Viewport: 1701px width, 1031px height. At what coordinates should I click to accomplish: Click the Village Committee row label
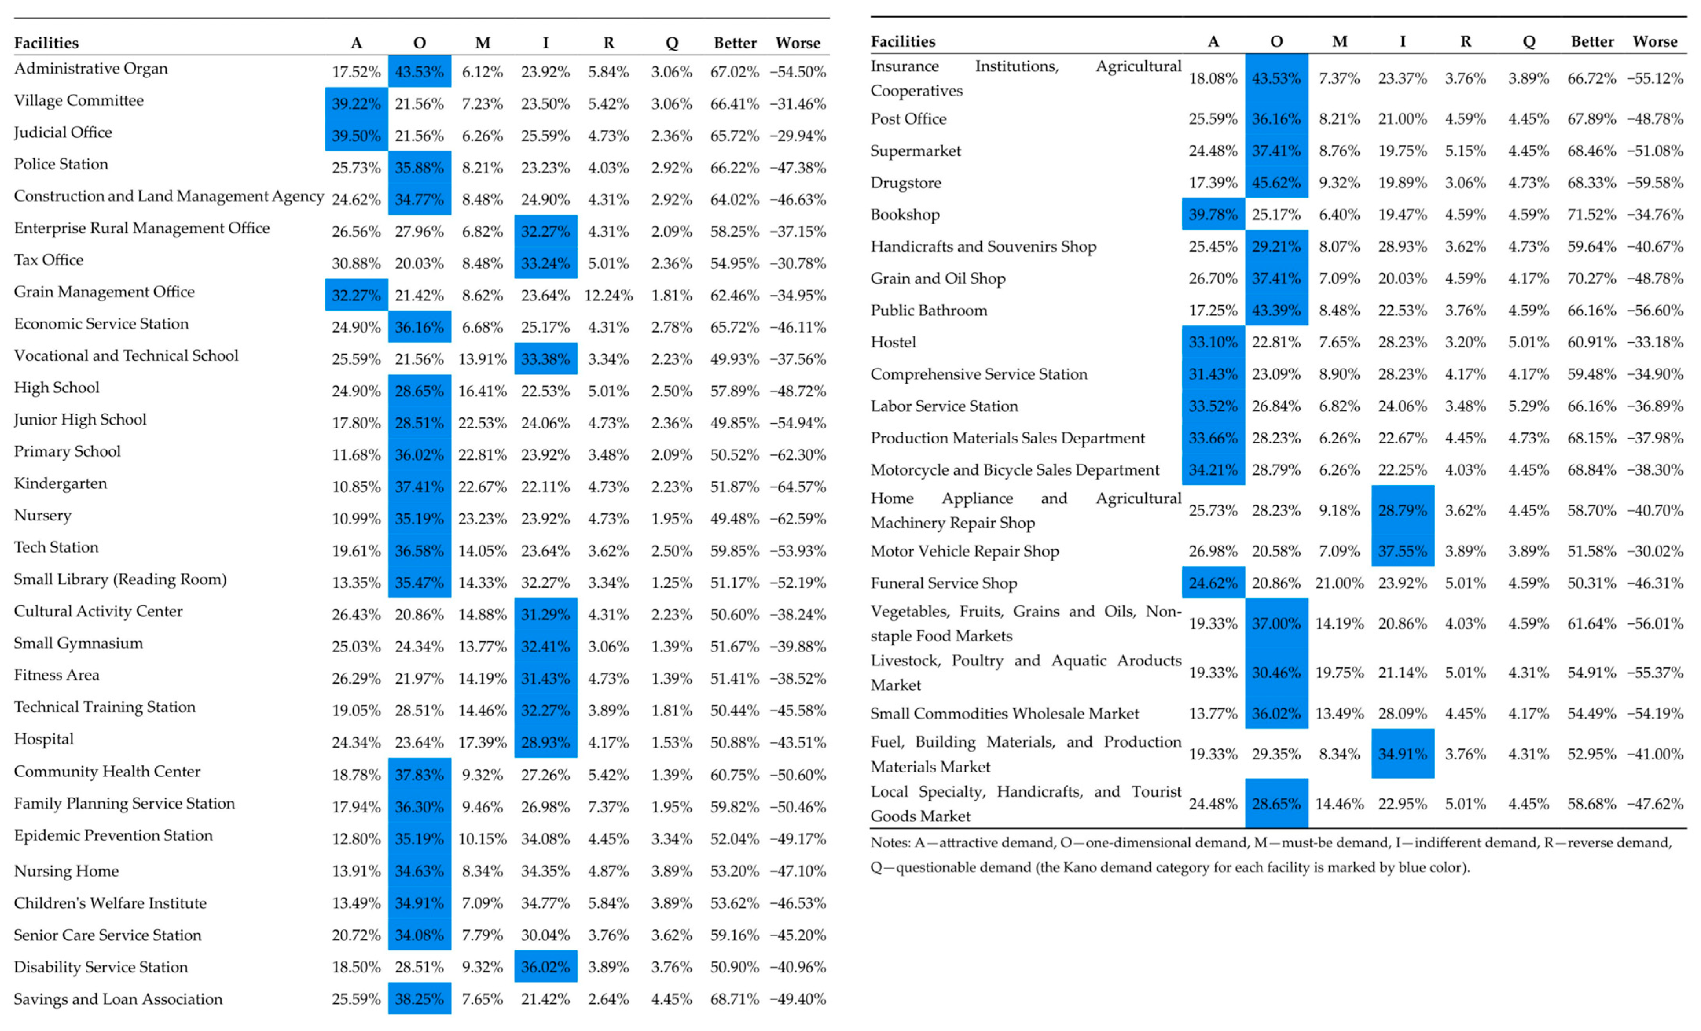point(79,101)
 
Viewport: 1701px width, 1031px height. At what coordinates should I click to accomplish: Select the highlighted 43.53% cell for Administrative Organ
point(419,72)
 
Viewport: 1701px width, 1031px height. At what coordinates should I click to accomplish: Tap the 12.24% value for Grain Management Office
point(608,296)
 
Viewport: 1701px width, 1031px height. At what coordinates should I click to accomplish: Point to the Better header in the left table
point(734,43)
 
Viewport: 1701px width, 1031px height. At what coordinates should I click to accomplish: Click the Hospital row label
point(44,739)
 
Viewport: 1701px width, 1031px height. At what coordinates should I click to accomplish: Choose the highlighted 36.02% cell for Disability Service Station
point(545,967)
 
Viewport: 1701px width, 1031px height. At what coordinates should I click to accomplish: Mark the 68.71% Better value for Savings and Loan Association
point(734,999)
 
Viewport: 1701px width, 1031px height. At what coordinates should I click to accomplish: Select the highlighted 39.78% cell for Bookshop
point(1213,215)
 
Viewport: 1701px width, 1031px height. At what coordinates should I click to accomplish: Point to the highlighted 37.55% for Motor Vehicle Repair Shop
point(1402,551)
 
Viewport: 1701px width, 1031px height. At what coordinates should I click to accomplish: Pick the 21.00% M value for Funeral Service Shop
point(1339,584)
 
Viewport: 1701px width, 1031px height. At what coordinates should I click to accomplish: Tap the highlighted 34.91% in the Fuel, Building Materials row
point(1402,754)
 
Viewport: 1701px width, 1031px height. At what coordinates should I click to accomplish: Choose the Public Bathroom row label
point(928,311)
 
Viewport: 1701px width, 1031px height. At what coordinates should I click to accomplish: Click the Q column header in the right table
point(1529,41)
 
